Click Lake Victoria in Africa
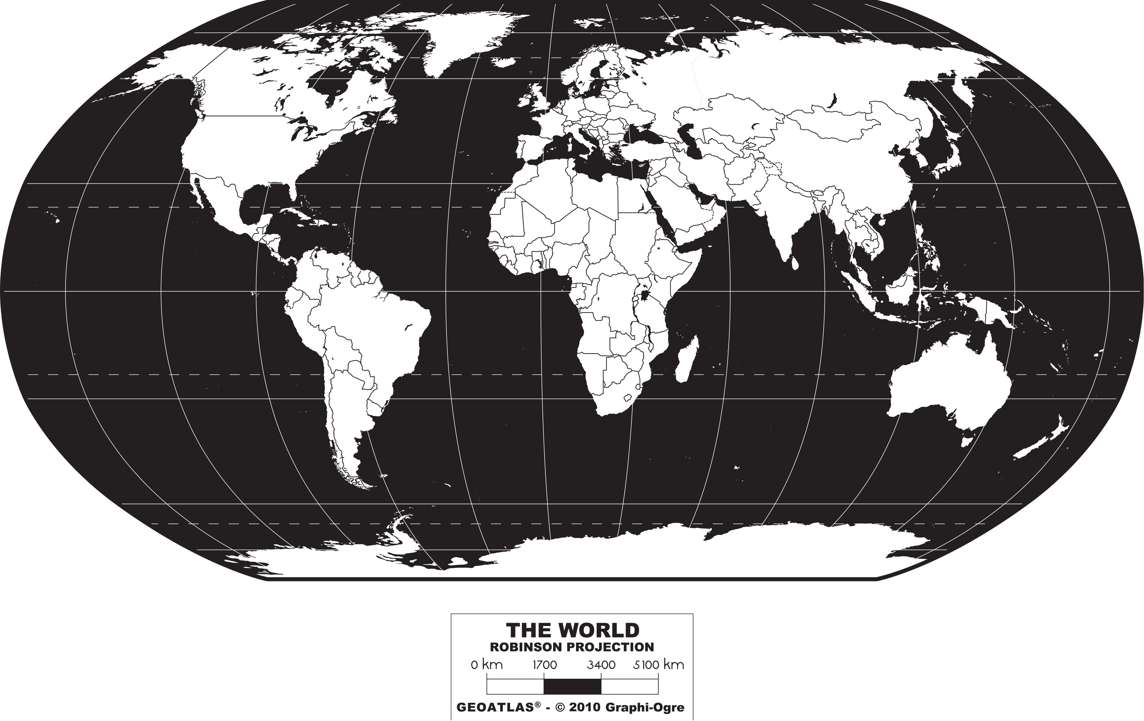645,296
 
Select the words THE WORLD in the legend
572,631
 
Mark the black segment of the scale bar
572,686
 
